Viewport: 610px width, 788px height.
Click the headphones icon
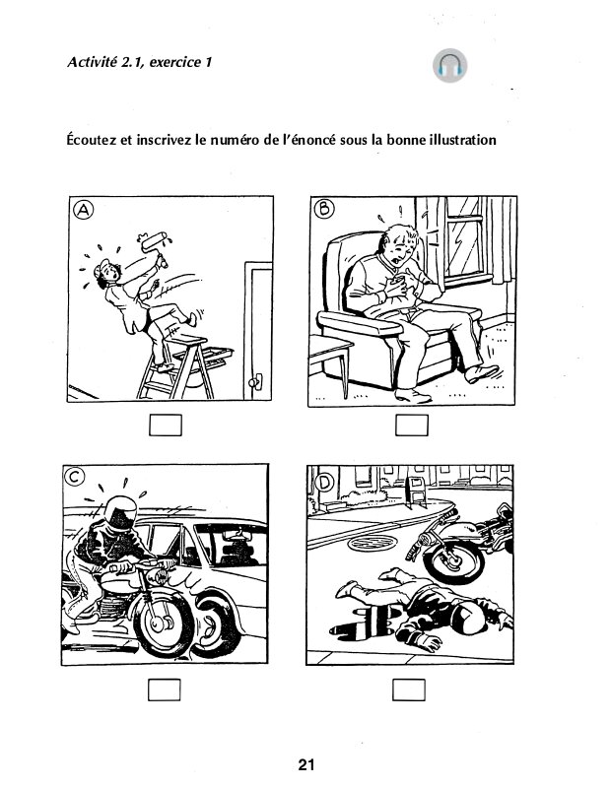tap(449, 65)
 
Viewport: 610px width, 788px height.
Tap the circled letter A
tap(84, 210)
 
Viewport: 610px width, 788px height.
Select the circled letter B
tap(324, 208)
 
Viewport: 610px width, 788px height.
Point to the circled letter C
tap(75, 477)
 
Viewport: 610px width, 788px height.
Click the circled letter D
tap(324, 484)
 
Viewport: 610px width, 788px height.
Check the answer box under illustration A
tap(166, 425)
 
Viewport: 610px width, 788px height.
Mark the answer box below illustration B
tap(411, 426)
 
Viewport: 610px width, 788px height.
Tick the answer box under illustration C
tap(164, 689)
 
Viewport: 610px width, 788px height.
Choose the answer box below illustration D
tap(408, 689)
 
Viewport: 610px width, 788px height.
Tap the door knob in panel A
tap(255, 383)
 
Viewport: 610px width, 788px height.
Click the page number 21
tap(306, 764)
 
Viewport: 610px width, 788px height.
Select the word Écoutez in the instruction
tap(92, 140)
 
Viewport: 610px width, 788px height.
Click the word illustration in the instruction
tap(462, 139)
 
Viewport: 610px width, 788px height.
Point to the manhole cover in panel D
tap(373, 543)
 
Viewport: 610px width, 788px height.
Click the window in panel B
tap(464, 242)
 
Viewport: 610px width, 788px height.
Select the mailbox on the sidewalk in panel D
tap(416, 492)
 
